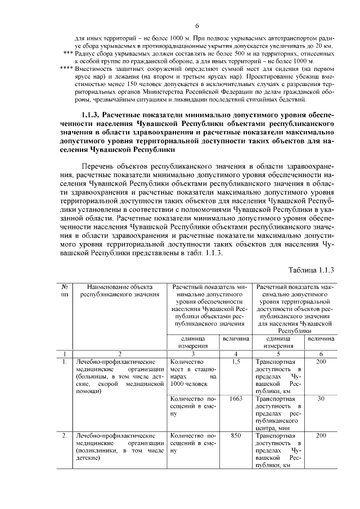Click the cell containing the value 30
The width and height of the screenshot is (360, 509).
[x=321, y=398]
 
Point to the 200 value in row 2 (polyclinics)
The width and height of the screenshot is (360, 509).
[x=321, y=435]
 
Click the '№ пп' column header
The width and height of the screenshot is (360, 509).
[x=65, y=290]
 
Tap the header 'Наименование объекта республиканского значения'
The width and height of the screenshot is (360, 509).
[x=116, y=290]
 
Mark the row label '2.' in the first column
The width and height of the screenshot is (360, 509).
[x=65, y=435]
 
